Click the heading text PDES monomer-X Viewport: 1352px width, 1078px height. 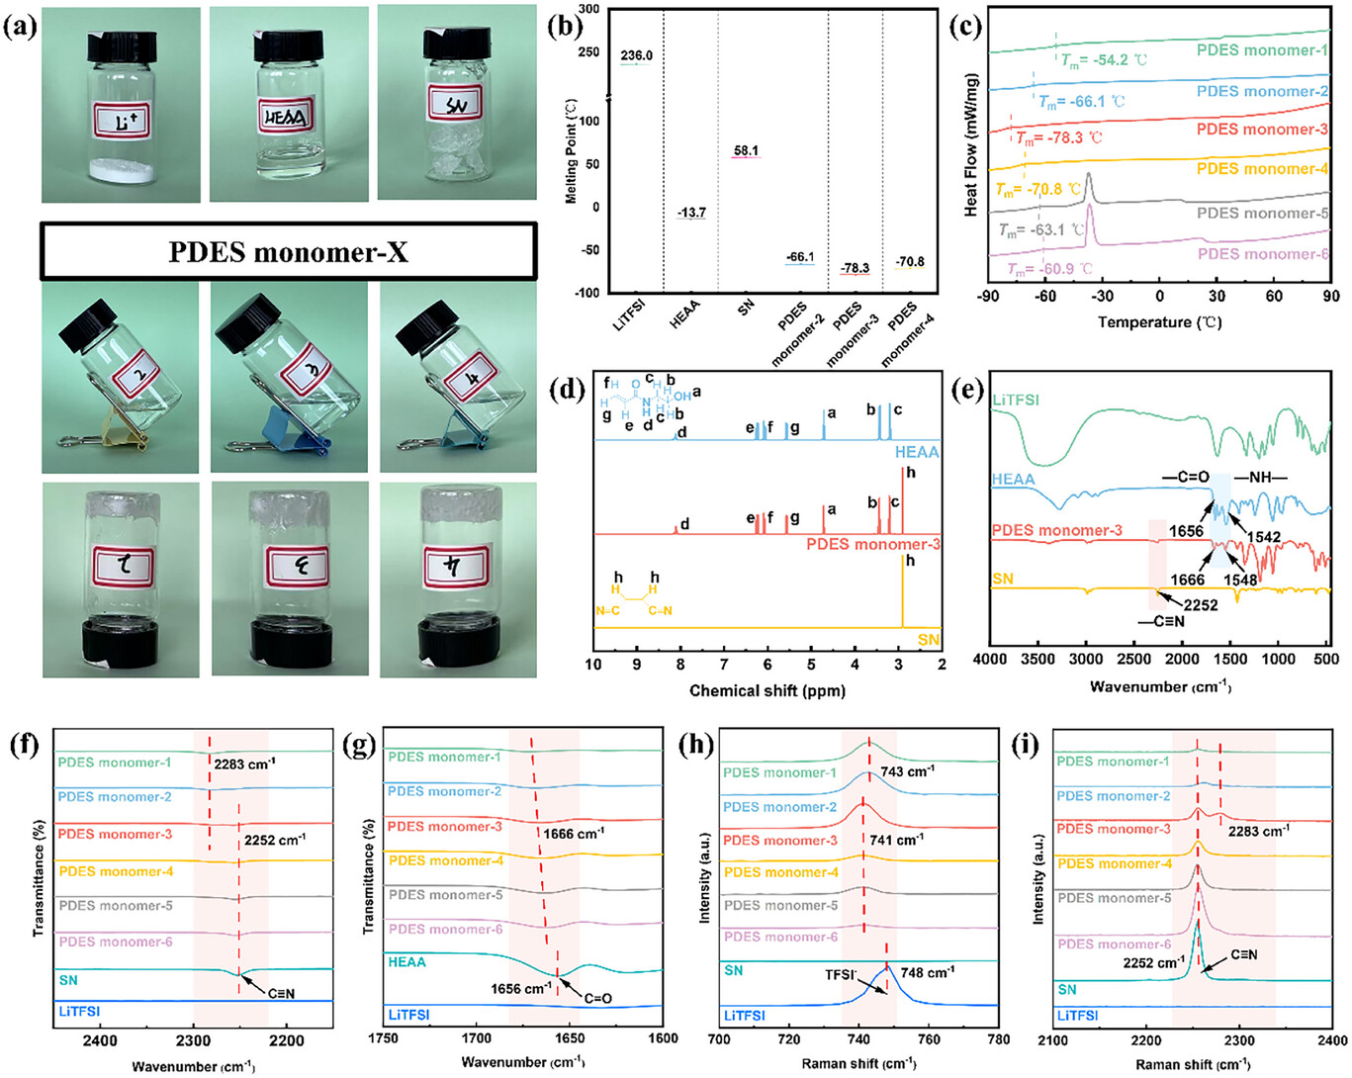tap(288, 252)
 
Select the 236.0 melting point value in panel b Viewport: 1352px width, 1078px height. tap(637, 56)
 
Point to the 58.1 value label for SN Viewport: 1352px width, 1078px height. tap(747, 151)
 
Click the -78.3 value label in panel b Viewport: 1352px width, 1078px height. tap(856, 268)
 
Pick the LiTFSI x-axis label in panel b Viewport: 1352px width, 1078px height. tap(630, 316)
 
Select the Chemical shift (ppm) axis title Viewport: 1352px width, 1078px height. tap(766, 690)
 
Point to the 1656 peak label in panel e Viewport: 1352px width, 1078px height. tap(1186, 531)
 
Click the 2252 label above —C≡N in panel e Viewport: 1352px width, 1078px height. tap(1201, 605)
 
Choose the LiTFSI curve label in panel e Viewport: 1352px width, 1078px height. tap(1016, 401)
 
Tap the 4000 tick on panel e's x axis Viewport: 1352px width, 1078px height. tap(991, 660)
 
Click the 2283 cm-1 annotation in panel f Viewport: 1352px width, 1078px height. tap(245, 764)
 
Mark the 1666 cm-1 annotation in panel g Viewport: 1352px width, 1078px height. tap(574, 834)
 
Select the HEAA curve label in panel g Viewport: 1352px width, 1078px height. tap(407, 961)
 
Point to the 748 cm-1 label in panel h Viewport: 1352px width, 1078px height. tap(928, 972)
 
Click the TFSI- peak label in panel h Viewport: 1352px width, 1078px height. tap(842, 974)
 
